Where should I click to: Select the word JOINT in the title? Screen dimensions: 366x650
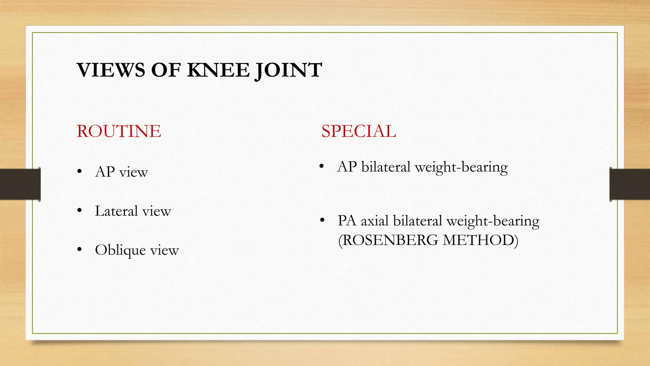pos(288,71)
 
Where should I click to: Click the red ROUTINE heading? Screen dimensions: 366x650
pos(119,131)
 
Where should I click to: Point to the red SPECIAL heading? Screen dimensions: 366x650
pos(359,131)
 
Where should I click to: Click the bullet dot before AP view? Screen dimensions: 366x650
pos(79,172)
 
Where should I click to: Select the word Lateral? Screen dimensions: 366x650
pos(116,211)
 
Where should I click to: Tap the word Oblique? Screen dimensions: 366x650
pos(120,250)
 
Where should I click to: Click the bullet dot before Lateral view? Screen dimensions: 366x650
pos(79,211)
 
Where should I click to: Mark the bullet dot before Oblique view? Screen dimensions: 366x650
pos(79,250)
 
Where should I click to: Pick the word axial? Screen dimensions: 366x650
pos(375,221)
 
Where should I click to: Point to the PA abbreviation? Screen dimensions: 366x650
pos(347,221)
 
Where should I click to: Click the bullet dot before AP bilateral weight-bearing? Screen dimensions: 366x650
pos(322,166)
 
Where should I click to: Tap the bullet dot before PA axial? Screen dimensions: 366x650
pos(322,220)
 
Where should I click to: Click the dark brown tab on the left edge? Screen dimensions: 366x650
pos(20,184)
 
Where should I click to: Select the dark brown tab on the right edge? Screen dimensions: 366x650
pos(630,184)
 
